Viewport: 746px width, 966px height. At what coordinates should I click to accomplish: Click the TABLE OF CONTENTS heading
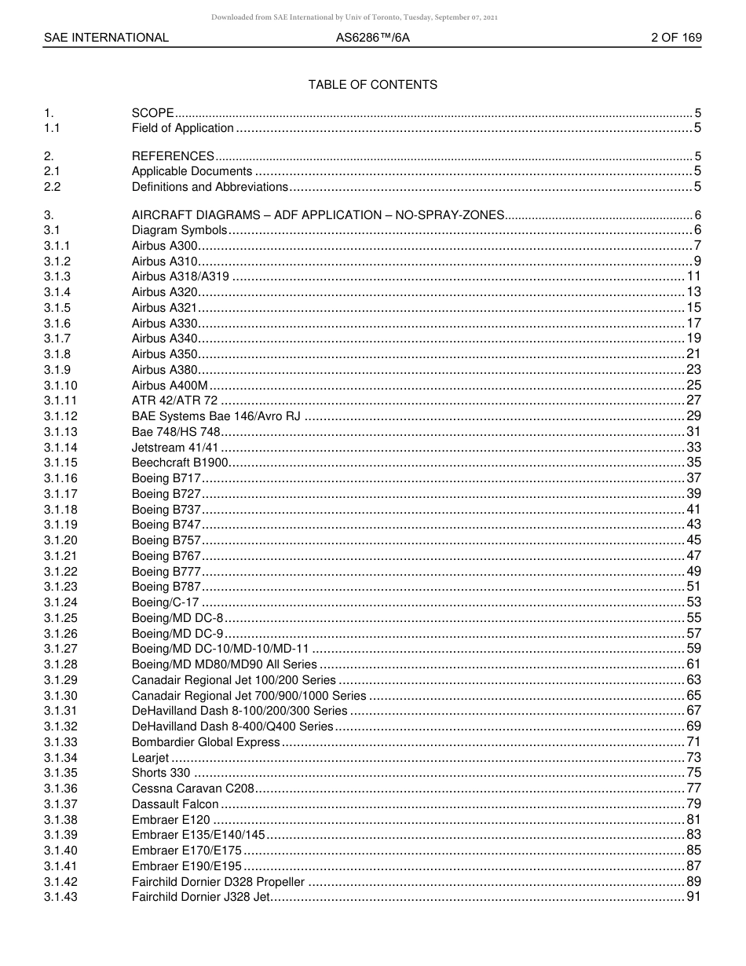(372, 85)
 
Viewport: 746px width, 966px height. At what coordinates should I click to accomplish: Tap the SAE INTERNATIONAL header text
(106, 38)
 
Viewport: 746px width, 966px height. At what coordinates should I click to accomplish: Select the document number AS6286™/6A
(372, 38)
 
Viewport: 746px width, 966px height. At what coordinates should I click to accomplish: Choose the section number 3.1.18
(60, 510)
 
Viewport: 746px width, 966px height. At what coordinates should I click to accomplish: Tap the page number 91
(693, 897)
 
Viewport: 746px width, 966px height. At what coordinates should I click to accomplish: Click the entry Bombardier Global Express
(206, 742)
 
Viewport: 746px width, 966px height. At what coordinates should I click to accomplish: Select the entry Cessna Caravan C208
(193, 789)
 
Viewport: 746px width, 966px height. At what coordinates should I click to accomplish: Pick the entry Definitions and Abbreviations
(210, 187)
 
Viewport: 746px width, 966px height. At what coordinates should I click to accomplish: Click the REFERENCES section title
(173, 156)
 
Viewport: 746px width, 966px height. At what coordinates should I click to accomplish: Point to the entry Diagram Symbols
(179, 230)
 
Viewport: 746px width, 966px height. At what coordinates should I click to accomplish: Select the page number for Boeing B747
(693, 525)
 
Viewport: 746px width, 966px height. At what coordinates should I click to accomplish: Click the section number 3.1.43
(60, 897)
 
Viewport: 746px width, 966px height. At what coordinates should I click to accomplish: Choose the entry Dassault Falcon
(175, 804)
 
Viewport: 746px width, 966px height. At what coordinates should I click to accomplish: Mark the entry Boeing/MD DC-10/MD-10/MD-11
(220, 649)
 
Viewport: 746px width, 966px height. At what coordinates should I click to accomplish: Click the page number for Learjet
(693, 758)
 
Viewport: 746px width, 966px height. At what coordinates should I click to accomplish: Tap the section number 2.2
(53, 187)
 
